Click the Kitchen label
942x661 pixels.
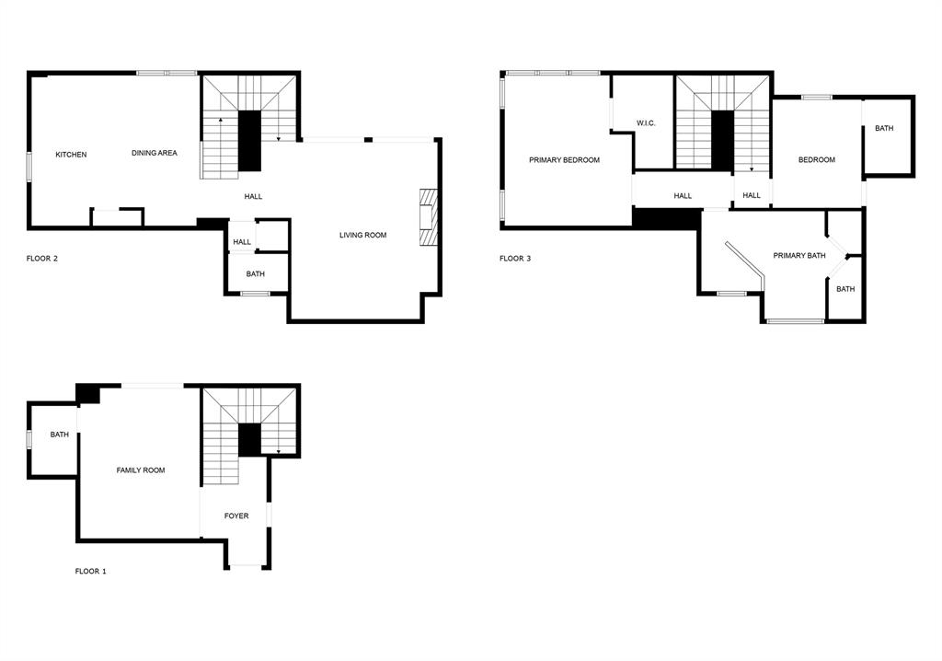pyautogui.click(x=71, y=155)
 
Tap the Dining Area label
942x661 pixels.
pyautogui.click(x=155, y=153)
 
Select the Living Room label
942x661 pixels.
pyautogui.click(x=362, y=235)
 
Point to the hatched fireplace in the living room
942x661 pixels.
pyautogui.click(x=429, y=217)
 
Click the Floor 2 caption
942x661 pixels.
pyautogui.click(x=42, y=259)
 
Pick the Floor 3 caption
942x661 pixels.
pyautogui.click(x=515, y=259)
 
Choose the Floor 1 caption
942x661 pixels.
pyautogui.click(x=91, y=572)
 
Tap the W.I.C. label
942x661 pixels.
pyautogui.click(x=646, y=123)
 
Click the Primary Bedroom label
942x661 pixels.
pyautogui.click(x=564, y=160)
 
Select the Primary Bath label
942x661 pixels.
pyautogui.click(x=799, y=256)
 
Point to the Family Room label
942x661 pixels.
pyautogui.click(x=141, y=470)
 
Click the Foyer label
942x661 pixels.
pyautogui.click(x=236, y=516)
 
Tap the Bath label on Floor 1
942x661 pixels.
pyautogui.click(x=60, y=435)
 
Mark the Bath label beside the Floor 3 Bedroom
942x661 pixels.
pyautogui.click(x=884, y=128)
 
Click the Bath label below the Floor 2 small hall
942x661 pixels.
pyautogui.click(x=256, y=274)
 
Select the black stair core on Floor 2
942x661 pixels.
pyautogui.click(x=250, y=141)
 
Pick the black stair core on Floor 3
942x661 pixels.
pyautogui.click(x=723, y=141)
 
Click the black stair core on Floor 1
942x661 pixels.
pyautogui.click(x=250, y=440)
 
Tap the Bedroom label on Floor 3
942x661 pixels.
pyautogui.click(x=817, y=160)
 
